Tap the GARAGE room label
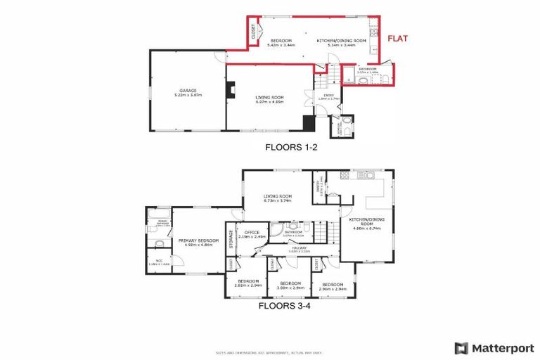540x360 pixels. tap(186, 89)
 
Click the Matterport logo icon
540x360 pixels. tap(461, 347)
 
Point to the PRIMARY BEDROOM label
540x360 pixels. tap(198, 240)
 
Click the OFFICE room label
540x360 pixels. tap(252, 233)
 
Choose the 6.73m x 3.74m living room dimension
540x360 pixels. tap(277, 201)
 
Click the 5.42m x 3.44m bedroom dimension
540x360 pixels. tap(283, 45)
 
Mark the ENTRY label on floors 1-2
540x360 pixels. tap(328, 94)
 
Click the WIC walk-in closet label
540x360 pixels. tap(159, 261)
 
